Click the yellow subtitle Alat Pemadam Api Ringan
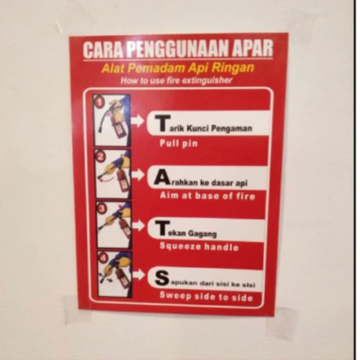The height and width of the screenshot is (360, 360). (x=178, y=69)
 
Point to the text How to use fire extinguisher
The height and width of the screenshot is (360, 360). (x=176, y=80)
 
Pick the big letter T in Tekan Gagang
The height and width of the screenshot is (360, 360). (x=161, y=228)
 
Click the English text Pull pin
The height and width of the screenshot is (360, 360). (x=178, y=143)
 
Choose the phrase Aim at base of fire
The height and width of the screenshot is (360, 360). (x=207, y=196)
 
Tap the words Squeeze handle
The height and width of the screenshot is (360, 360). (x=199, y=247)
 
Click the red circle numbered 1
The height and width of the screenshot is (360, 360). (x=100, y=102)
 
